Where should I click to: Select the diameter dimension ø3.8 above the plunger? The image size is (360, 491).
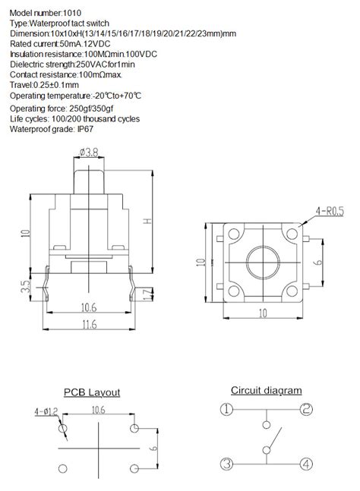coord(90,153)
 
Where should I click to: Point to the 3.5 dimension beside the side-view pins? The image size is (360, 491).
coord(26,287)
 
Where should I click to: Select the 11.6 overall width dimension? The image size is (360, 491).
coord(89,325)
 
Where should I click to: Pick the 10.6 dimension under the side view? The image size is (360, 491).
coord(89,307)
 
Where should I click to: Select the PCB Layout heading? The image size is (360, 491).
coord(92,392)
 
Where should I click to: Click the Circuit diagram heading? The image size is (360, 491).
coord(266,391)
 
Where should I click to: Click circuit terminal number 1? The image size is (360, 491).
coord(226,411)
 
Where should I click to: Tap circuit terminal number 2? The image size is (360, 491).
coord(305,411)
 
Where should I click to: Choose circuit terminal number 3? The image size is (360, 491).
coord(226,464)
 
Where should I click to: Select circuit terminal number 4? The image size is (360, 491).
coord(305,464)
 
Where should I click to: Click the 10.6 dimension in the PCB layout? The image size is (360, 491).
coord(99,410)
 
